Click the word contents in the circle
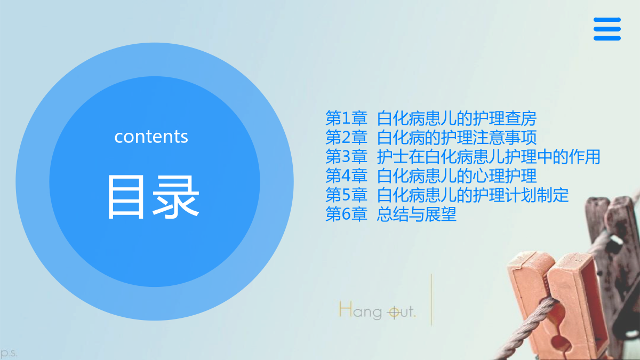pos(151,137)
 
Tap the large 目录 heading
pos(153,197)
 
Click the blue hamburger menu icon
pos(607,29)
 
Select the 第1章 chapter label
pos(346,118)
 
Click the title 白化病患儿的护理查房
pos(457,118)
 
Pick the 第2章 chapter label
pos(346,137)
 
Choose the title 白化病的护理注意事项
pos(457,137)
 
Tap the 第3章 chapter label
pos(346,157)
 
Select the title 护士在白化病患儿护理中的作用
pos(489,157)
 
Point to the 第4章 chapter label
pos(346,175)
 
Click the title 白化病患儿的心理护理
pos(457,175)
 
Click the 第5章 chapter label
pos(346,195)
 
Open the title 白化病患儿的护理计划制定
pos(473,195)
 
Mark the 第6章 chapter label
pos(346,214)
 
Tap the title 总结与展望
pos(417,214)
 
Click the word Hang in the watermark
pos(361,310)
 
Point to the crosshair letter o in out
pos(394,313)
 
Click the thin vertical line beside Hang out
pos(431,300)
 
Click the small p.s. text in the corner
pos(9,353)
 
